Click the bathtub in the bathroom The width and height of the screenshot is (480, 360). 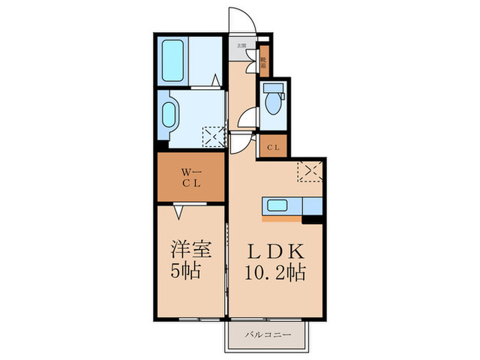tap(172, 61)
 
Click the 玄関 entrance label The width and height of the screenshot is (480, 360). tap(241, 46)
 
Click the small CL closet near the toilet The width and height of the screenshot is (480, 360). tap(273, 147)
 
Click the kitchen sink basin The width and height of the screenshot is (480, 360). tap(278, 206)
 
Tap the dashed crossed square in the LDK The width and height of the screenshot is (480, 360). tap(310, 170)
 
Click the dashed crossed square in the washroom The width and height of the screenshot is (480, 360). tap(213, 138)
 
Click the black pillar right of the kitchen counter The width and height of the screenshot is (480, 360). tap(313, 220)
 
